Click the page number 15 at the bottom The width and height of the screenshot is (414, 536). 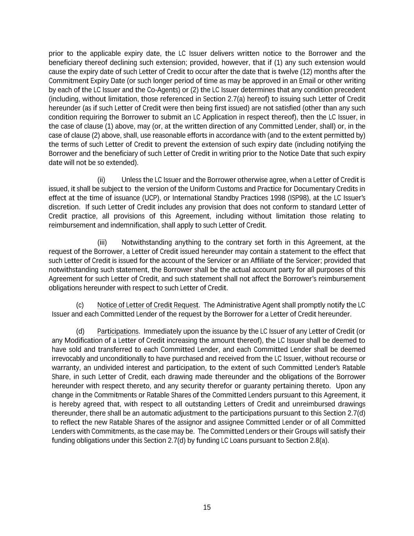tap(207, 507)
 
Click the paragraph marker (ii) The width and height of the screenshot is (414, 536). tap(101, 180)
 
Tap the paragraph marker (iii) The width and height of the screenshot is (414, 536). tap(102, 242)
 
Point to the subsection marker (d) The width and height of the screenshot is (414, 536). tap(80, 331)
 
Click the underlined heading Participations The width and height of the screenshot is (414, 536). tap(118, 331)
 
